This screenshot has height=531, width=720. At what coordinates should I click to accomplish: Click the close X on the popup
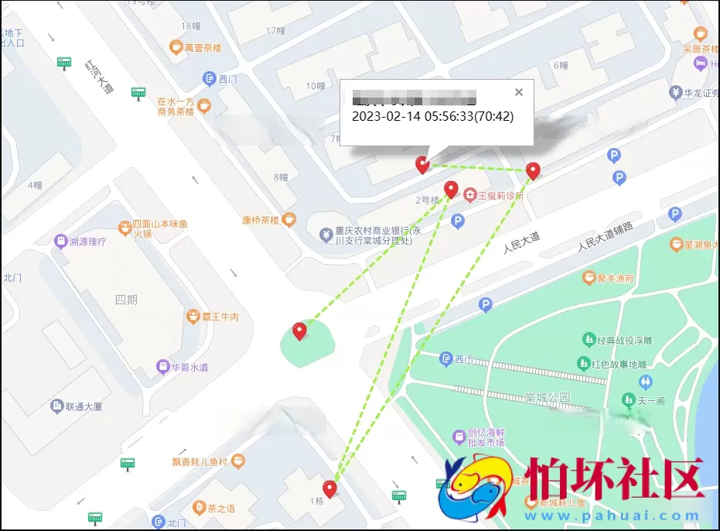click(519, 93)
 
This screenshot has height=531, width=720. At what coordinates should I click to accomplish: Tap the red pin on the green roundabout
click(299, 331)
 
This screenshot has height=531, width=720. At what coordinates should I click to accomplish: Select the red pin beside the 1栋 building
click(330, 489)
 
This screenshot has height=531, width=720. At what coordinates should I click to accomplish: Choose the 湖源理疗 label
click(87, 242)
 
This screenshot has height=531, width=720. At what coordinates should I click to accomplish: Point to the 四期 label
click(125, 300)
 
